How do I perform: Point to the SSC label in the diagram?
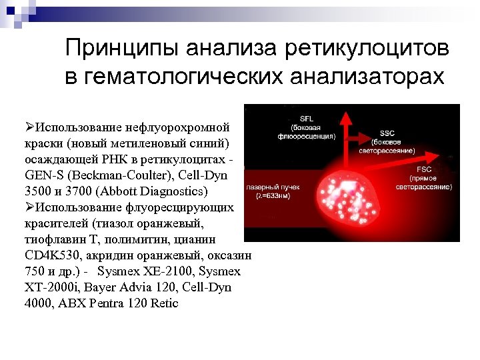(387, 133)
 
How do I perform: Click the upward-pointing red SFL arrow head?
(345, 115)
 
